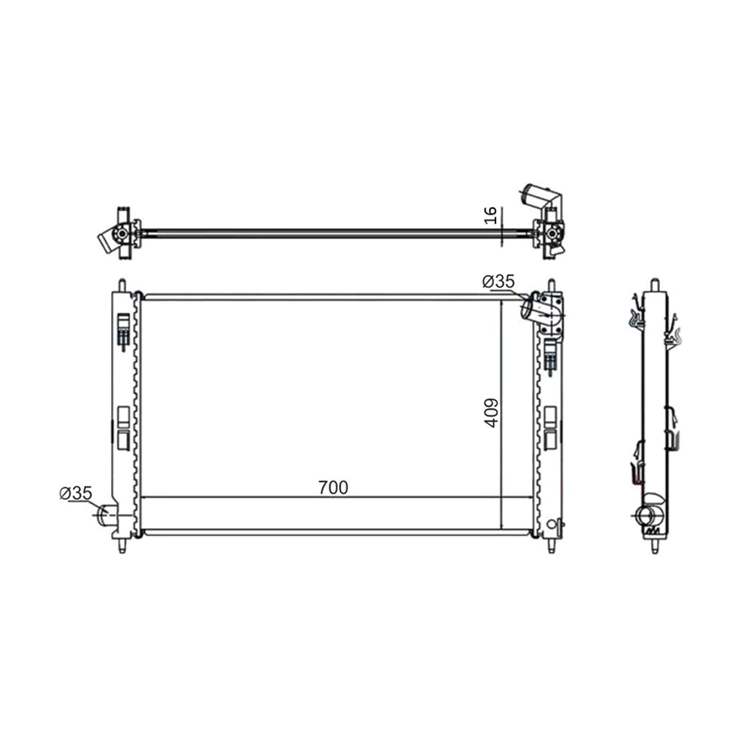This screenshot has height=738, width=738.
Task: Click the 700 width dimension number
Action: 333,488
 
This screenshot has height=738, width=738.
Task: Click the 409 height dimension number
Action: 491,413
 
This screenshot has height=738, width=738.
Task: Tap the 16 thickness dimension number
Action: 491,215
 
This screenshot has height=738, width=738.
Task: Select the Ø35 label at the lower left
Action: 76,493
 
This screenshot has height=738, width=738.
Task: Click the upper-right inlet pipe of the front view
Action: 533,306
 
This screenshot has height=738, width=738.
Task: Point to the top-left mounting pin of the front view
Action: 122,286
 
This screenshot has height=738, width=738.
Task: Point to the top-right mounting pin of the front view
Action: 551,286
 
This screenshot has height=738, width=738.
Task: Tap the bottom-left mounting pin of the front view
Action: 122,545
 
